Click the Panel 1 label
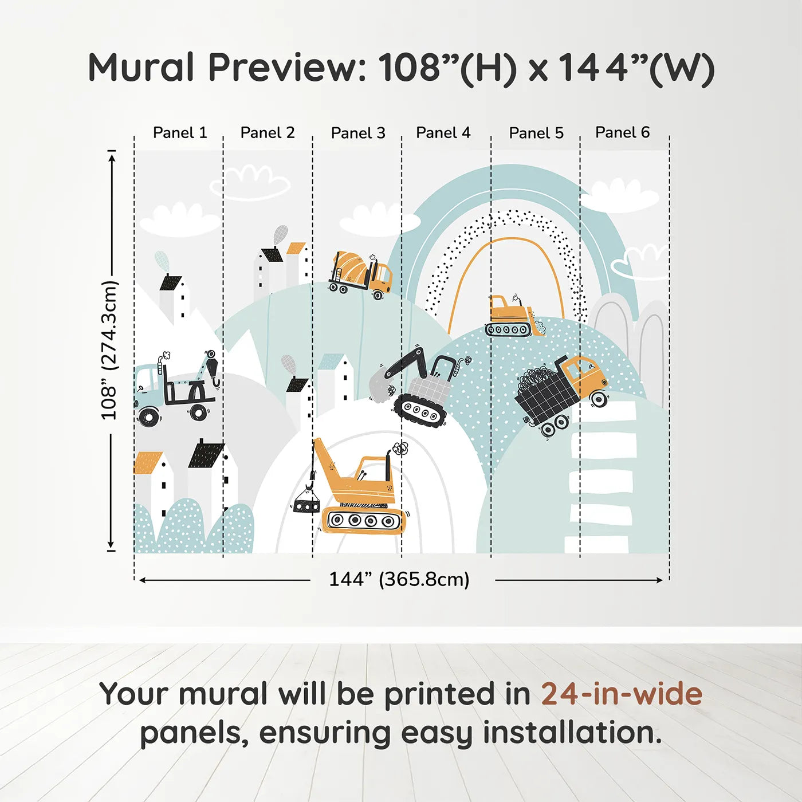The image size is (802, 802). click(180, 133)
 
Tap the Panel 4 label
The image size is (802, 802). click(443, 133)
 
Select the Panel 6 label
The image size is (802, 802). click(622, 132)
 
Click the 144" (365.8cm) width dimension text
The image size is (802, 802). click(399, 579)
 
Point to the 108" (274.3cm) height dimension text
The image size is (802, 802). click(109, 350)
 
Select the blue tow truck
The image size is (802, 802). click(177, 388)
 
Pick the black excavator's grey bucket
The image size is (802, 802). click(380, 385)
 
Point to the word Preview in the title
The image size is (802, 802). click(287, 67)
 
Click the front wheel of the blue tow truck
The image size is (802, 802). click(148, 416)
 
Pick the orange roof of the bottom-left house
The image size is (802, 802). click(148, 463)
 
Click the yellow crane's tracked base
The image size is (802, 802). click(363, 520)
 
